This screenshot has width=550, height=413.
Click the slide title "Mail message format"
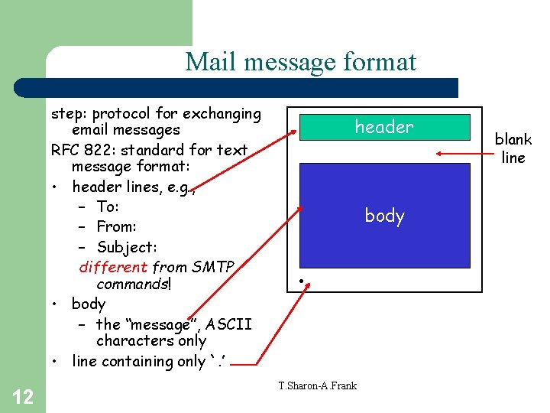coord(300,61)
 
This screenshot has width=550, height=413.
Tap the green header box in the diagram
coord(383,127)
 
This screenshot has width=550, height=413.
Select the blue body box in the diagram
coord(384,215)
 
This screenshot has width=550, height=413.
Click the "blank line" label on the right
coord(513,148)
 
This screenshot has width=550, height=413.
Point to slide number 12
coord(23,396)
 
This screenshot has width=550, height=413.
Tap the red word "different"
coord(113,267)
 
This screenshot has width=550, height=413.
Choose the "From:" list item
coord(116,226)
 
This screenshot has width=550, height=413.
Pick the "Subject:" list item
coord(127,247)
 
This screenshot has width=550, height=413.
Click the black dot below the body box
coord(302,282)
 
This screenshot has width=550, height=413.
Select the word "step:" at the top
coord(67,115)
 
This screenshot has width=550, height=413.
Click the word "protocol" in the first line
coord(119,115)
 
